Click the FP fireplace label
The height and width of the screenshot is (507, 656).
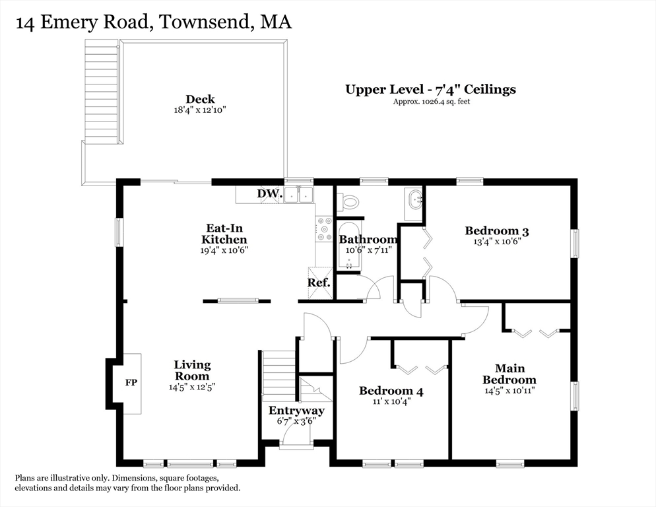coord(131,382)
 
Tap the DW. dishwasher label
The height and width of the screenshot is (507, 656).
coord(269,194)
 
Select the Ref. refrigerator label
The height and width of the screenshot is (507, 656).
coord(318,283)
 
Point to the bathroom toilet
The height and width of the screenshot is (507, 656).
coord(349,201)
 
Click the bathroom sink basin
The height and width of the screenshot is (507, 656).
coord(415,200)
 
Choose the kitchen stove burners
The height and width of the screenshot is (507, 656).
coord(324,229)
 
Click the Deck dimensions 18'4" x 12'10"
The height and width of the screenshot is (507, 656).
coord(200,111)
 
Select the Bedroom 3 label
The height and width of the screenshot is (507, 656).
coord(496,230)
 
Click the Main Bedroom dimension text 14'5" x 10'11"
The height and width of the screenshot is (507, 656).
coord(509,390)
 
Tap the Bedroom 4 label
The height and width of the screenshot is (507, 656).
coord(391,391)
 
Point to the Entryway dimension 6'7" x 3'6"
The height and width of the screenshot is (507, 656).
coord(296,421)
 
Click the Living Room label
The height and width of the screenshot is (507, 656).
coord(192,370)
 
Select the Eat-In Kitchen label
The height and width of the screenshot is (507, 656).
coord(224,234)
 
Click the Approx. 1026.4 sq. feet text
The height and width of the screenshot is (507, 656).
coord(431,102)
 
